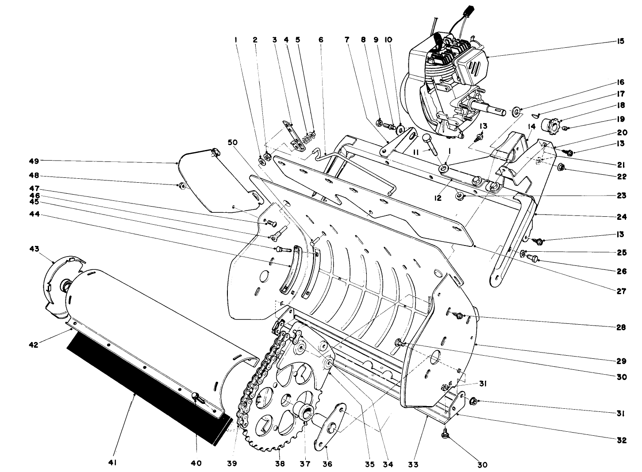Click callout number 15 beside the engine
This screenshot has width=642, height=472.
[x=620, y=41]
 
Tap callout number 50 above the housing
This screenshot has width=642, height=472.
[x=233, y=142]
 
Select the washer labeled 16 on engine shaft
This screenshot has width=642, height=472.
[x=516, y=111]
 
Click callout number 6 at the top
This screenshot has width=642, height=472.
[x=321, y=40]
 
